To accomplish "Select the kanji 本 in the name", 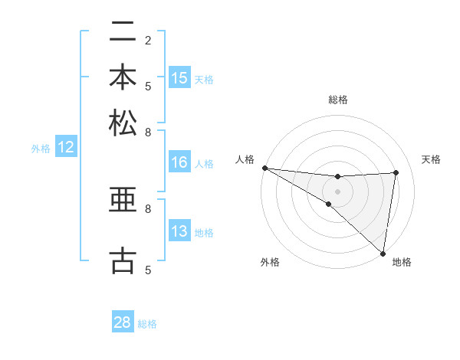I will [123, 78].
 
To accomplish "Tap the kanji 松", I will [123, 123].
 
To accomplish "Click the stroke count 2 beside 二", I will [148, 40].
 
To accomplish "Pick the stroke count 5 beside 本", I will [148, 85].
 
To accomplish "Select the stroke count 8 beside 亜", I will [148, 208].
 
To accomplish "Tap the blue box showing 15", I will [179, 78].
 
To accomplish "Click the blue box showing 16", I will [179, 162].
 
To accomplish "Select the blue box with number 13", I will [179, 231].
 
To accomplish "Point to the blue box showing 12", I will [66, 148].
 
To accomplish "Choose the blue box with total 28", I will [123, 322].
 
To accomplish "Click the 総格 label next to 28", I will [147, 324].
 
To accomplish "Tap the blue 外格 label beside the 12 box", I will [41, 149].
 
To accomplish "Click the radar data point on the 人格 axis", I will [264, 168].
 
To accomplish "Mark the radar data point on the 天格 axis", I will [396, 172].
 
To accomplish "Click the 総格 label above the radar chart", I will [337, 100].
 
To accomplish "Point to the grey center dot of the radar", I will [337, 191].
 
